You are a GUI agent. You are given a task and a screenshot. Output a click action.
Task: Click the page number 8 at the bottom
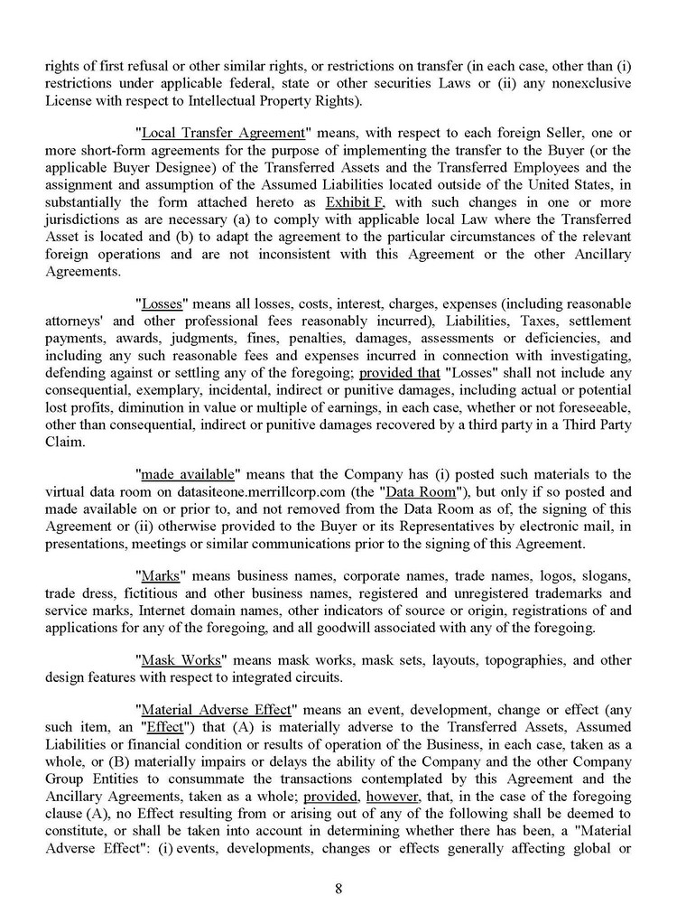(x=338, y=888)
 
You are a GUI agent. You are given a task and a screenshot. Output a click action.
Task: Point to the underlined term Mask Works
(x=181, y=660)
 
